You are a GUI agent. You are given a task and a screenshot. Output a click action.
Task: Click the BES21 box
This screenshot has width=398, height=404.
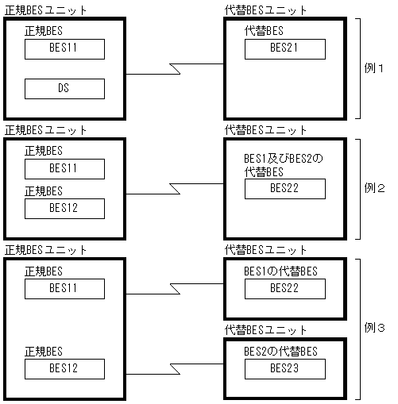click(284, 49)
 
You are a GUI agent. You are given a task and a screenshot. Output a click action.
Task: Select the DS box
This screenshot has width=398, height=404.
click(64, 88)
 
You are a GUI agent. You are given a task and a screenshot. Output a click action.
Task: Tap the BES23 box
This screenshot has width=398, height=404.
click(284, 368)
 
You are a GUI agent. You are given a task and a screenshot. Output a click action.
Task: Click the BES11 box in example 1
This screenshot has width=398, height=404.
click(64, 49)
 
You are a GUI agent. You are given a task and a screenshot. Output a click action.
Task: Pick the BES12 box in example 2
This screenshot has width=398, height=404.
click(64, 209)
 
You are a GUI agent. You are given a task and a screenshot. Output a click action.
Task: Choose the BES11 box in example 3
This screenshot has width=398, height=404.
click(64, 289)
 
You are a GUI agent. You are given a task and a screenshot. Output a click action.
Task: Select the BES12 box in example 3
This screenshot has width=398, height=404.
click(64, 368)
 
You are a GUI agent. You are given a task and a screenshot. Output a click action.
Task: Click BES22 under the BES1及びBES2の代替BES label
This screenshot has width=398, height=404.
click(284, 189)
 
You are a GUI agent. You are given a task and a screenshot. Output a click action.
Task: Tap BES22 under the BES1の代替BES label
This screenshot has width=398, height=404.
click(284, 289)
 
